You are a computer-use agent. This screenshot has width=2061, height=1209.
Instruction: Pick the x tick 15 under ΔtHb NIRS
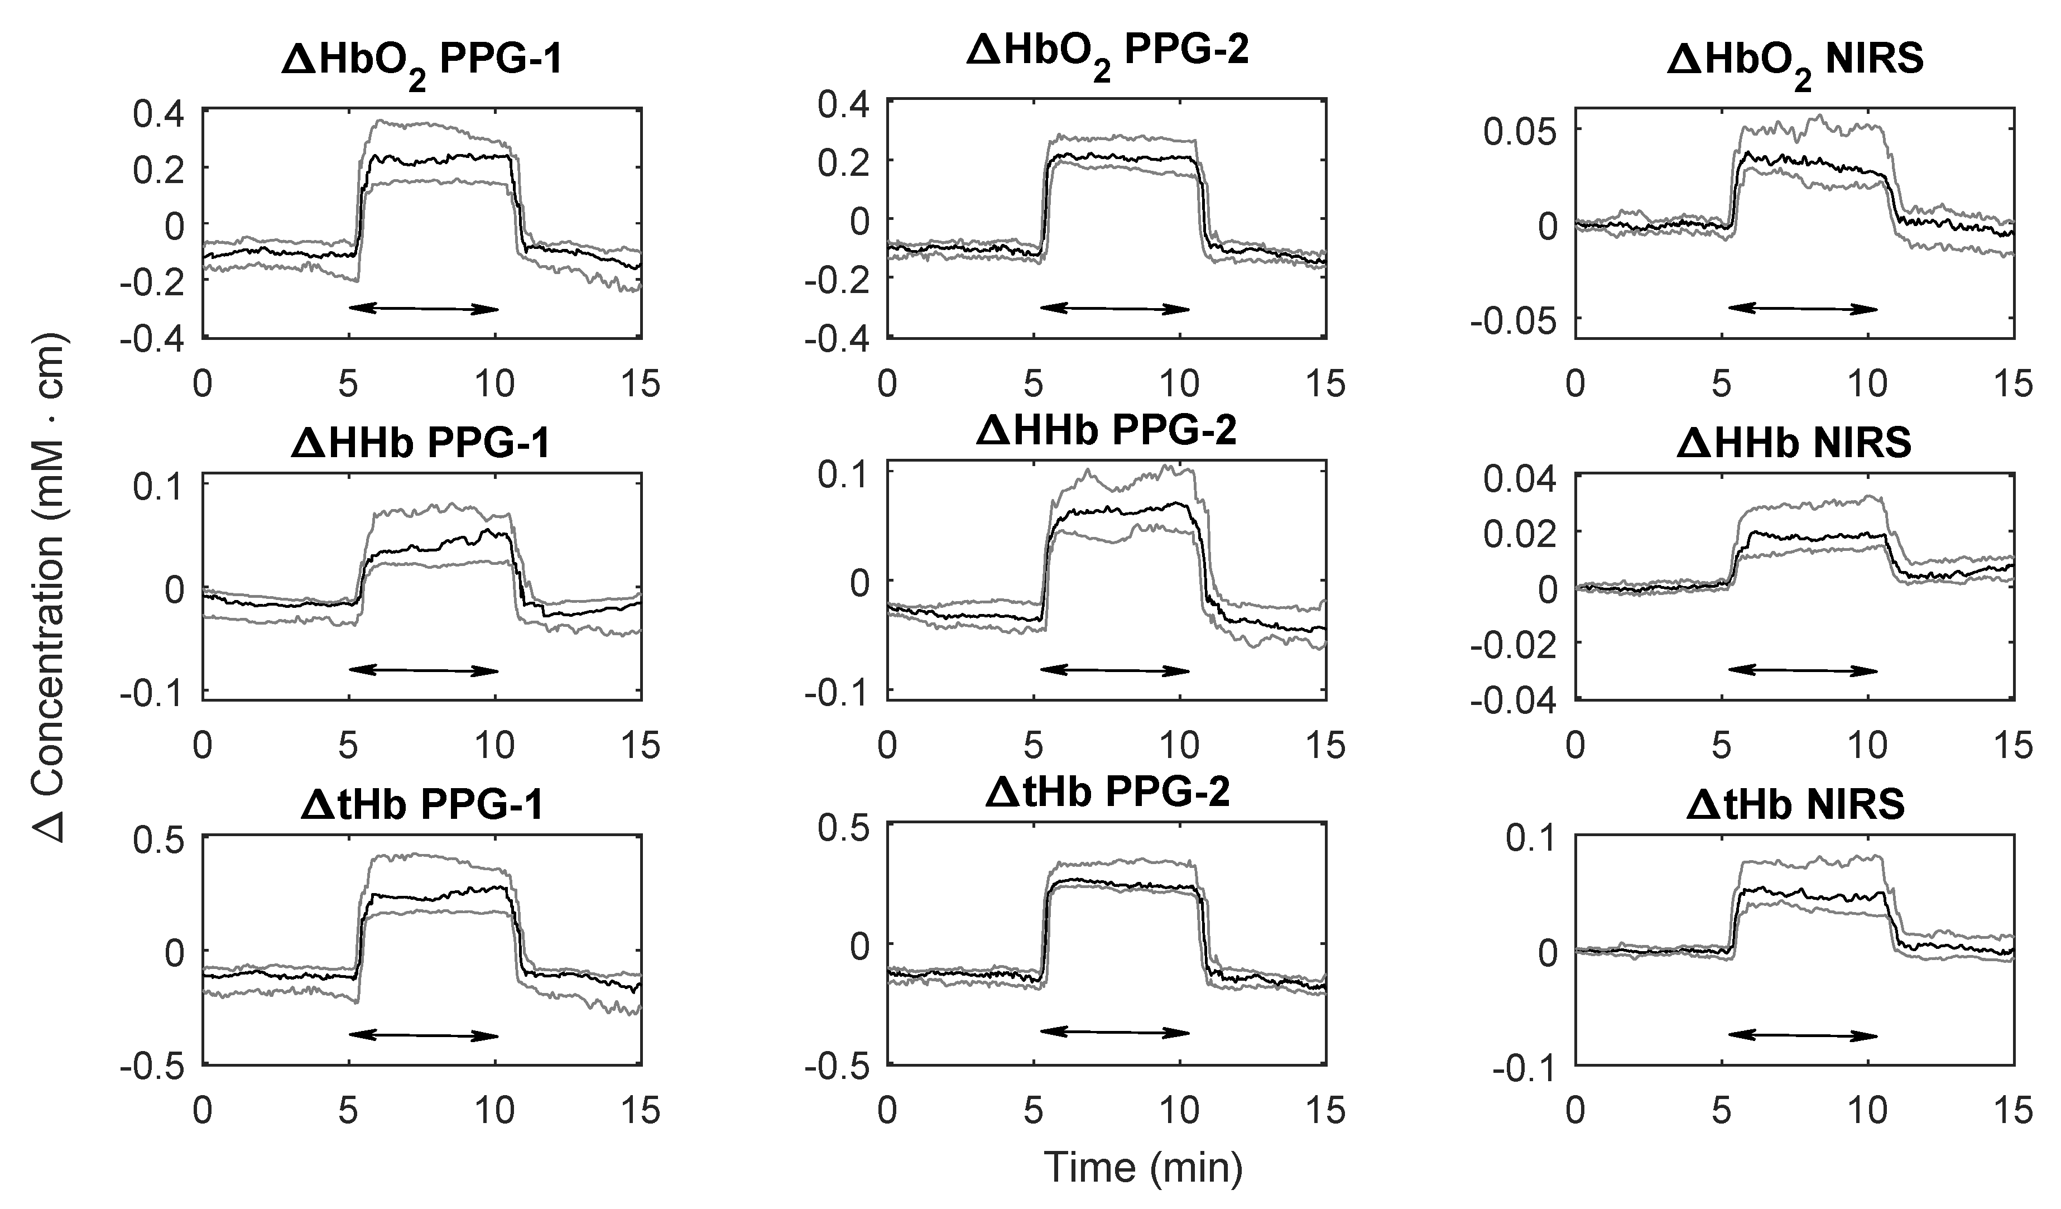(x=2012, y=1110)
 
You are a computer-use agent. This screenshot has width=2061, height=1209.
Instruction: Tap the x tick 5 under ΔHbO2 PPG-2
(x=1034, y=383)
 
